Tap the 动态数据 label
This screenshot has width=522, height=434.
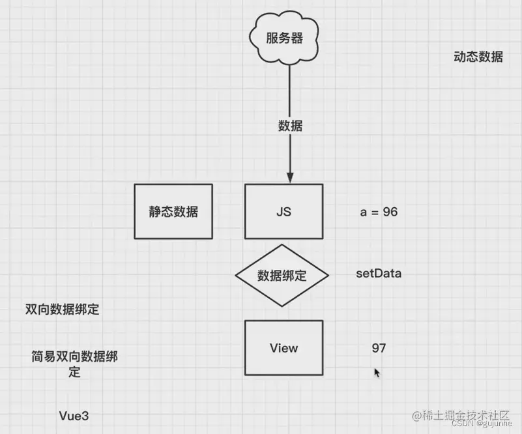[478, 57]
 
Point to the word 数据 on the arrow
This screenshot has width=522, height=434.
[290, 126]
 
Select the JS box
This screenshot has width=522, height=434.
[283, 211]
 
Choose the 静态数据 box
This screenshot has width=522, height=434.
[173, 211]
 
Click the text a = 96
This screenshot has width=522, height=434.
[379, 212]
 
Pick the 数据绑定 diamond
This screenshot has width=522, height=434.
[281, 275]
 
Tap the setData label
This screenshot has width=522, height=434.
[379, 274]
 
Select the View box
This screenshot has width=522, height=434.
[283, 348]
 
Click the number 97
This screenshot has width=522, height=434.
[379, 348]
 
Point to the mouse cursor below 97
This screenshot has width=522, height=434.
[377, 372]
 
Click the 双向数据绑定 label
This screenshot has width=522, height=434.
[62, 310]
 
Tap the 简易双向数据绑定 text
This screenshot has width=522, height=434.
[75, 364]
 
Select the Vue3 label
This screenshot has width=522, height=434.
[74, 415]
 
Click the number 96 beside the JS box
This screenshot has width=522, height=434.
[390, 212]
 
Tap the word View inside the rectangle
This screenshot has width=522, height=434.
[283, 348]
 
